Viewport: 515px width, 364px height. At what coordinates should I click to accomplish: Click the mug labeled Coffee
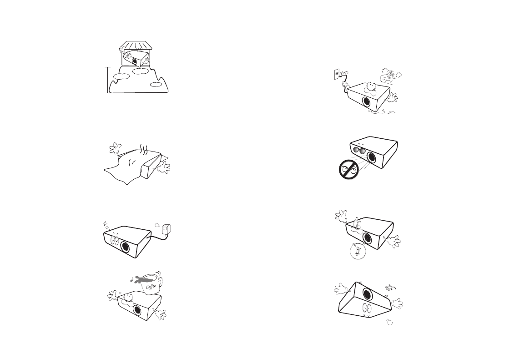(152, 284)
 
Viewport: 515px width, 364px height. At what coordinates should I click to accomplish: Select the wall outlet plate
(336, 74)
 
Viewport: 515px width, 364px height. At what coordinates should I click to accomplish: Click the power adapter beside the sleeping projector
(167, 229)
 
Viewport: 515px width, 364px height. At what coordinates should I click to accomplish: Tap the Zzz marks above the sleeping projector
(106, 225)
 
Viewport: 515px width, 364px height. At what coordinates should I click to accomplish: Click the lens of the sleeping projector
(125, 247)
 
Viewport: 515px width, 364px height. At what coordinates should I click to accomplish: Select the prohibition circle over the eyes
(348, 170)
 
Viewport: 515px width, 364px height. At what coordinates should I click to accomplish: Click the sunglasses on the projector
(359, 151)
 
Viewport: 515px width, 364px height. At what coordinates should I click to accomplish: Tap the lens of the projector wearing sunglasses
(372, 157)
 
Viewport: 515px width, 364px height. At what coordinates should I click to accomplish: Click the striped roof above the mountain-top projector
(136, 45)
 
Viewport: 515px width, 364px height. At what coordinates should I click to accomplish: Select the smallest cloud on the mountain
(156, 85)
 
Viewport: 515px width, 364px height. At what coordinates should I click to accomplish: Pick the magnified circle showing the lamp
(358, 251)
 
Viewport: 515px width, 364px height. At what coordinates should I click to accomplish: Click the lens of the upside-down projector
(368, 293)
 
